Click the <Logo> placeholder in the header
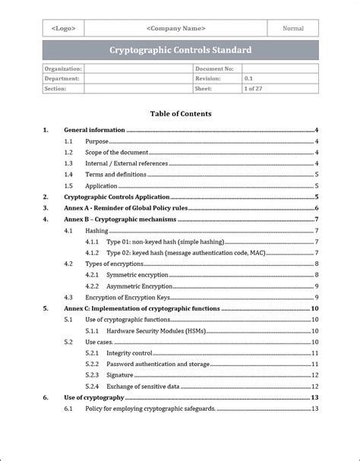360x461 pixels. click(62, 28)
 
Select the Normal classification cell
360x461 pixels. click(293, 28)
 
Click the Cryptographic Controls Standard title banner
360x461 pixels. click(180, 51)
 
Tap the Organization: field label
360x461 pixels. click(63, 68)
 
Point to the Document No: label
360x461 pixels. click(213, 68)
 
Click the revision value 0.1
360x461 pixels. click(249, 78)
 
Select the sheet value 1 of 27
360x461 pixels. click(254, 88)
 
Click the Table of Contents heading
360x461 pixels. click(180, 114)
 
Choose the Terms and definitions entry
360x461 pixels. click(115, 175)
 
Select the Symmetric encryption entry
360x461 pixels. click(137, 274)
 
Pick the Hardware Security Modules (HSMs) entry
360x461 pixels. click(155, 330)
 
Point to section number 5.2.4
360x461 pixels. click(92, 386)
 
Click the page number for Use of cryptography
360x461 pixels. click(314, 397)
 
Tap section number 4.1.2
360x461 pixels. click(92, 252)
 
